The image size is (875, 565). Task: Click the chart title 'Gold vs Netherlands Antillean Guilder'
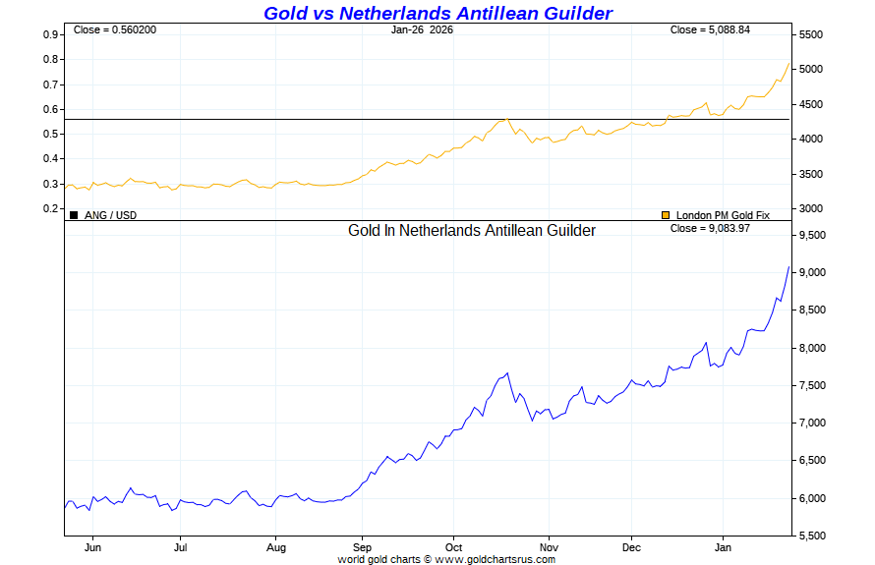pos(437,13)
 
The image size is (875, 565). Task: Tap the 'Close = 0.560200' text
pos(114,29)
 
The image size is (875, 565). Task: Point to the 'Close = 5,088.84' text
pos(710,29)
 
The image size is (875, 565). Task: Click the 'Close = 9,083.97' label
pos(710,229)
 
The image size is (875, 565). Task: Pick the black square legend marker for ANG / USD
pos(74,214)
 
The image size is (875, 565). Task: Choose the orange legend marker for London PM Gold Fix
pos(666,214)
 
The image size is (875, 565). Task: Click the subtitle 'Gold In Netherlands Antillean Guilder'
pos(472,231)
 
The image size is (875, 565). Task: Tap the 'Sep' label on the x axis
pos(362,547)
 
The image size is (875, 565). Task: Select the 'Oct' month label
pos(452,547)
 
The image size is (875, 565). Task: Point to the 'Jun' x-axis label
pos(94,547)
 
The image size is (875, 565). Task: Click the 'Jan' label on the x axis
pos(723,547)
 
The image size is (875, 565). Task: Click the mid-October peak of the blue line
pos(507,373)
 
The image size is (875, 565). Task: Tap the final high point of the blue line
pos(789,266)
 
